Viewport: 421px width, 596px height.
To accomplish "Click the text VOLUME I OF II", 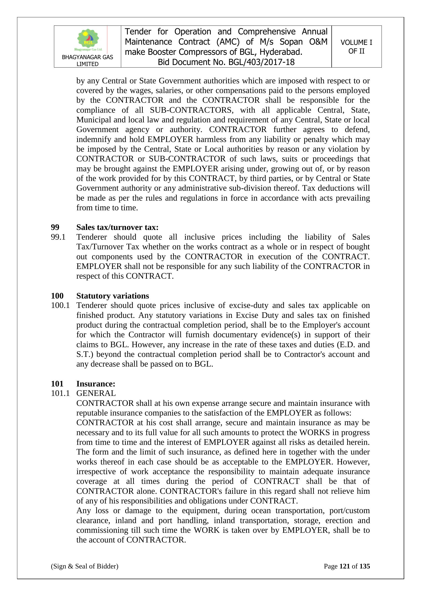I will point(356,47).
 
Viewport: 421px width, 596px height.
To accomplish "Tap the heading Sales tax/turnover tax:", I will point(117,227).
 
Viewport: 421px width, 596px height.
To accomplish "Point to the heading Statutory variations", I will point(113,296).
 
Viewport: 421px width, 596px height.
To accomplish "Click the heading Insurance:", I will point(96,384).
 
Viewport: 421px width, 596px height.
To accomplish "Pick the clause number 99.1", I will point(58,237).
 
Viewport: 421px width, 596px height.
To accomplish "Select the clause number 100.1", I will point(60,305).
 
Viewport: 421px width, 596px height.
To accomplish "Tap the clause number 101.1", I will point(60,393).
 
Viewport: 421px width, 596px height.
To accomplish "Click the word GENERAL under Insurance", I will point(96,393).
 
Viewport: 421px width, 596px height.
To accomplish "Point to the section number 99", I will point(55,227).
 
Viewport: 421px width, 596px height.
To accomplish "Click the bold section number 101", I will point(57,384).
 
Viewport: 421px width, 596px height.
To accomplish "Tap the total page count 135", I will point(365,566).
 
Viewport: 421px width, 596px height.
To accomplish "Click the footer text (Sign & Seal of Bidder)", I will point(85,566).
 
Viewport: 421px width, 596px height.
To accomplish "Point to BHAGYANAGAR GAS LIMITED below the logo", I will point(87,60).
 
